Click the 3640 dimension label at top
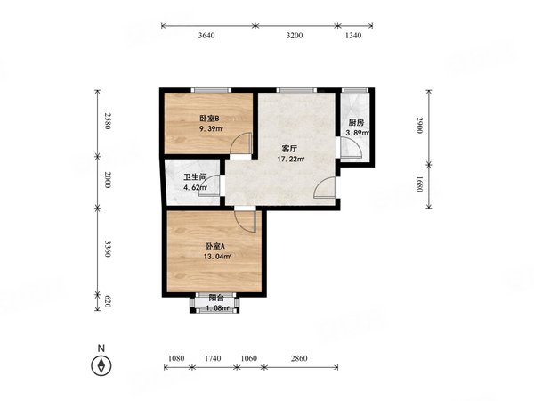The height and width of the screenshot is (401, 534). [206, 36]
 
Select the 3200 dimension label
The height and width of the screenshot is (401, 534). [295, 36]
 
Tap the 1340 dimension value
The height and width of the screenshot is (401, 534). [353, 36]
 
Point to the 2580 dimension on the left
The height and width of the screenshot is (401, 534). [108, 121]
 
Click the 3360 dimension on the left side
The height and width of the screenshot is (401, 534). [108, 249]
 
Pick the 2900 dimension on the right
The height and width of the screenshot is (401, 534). [419, 125]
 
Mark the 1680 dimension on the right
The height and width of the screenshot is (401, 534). [419, 184]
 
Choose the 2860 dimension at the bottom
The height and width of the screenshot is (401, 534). [299, 358]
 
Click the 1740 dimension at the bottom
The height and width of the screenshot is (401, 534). [213, 358]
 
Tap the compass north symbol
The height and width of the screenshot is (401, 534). [101, 365]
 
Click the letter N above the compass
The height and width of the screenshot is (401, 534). [101, 348]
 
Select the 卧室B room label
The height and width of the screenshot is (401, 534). [209, 119]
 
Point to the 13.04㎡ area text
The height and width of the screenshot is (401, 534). [218, 257]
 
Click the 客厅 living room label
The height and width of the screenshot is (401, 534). [290, 149]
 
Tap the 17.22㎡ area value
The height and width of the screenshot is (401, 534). [290, 159]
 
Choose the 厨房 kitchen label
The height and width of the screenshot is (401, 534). [356, 123]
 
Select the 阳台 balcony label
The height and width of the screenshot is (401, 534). [216, 298]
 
